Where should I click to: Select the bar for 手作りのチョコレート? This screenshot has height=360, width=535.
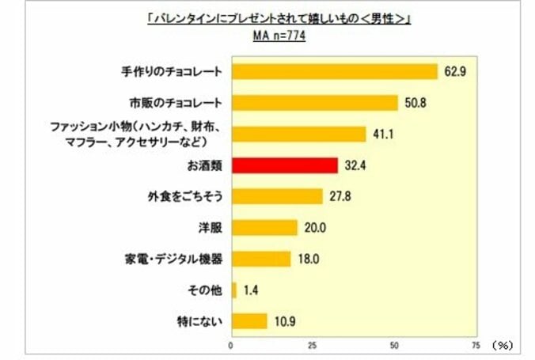click(334, 72)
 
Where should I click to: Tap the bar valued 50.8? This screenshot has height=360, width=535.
click(314, 103)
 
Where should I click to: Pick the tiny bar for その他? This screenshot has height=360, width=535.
click(233, 290)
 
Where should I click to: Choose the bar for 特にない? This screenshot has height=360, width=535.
click(249, 320)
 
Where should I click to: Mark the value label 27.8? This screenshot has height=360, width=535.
click(338, 197)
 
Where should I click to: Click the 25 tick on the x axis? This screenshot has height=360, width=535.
click(313, 345)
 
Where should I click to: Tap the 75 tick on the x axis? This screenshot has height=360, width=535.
click(475, 345)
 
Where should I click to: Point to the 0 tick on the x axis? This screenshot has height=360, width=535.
click(231, 345)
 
